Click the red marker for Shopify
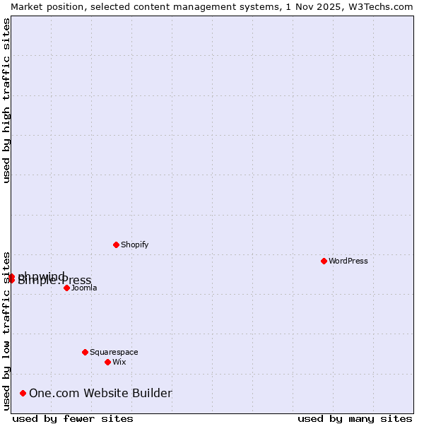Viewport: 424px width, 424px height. tap(116, 245)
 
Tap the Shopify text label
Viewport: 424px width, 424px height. tap(134, 245)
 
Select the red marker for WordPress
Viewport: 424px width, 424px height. tap(324, 261)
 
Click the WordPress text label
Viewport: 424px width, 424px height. tap(348, 261)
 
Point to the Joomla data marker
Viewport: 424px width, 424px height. tap(66, 288)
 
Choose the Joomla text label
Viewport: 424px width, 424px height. tap(84, 288)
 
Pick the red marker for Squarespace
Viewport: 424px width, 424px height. tap(85, 352)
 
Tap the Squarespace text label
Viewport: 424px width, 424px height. tap(114, 353)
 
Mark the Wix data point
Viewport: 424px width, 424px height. tap(107, 362)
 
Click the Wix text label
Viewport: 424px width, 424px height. tap(119, 363)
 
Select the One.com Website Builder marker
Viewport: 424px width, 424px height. tap(23, 393)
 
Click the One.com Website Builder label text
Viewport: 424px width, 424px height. tap(100, 394)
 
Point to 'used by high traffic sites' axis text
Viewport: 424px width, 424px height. tap(7, 101)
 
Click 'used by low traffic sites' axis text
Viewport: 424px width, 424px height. tap(7, 331)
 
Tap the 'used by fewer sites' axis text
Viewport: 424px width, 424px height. tap(73, 419)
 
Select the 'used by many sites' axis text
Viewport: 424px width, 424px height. tap(355, 419)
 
